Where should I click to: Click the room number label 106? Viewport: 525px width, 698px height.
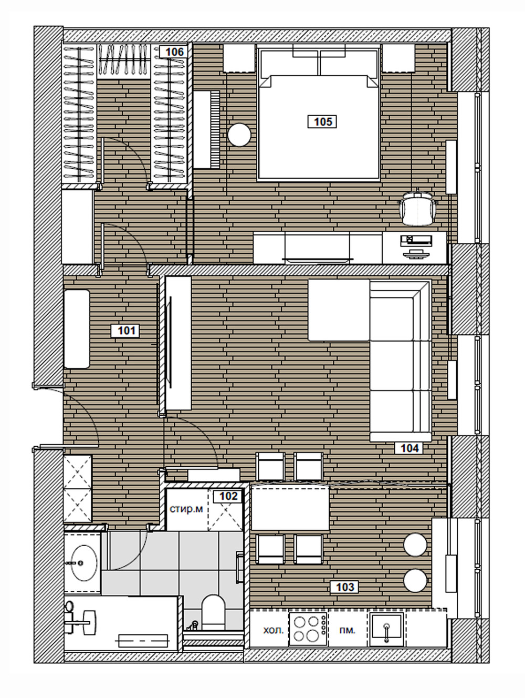tap(175, 52)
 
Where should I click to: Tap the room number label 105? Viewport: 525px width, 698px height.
tap(322, 122)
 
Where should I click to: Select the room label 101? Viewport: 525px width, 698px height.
tap(126, 331)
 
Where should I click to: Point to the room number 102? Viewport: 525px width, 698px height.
tap(228, 496)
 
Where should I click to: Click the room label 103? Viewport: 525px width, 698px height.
tap(344, 587)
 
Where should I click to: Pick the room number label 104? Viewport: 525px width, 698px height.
tap(409, 448)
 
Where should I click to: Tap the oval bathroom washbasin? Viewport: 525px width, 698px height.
tap(84, 563)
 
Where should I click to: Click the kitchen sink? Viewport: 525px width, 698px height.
tap(387, 630)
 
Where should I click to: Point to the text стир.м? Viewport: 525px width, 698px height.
tap(186, 509)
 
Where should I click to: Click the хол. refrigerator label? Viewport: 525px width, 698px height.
tap(273, 630)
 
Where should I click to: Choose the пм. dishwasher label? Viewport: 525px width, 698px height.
tap(347, 630)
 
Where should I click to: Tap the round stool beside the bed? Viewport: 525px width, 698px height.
tap(239, 135)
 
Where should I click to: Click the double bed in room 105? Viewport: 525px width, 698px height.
tap(319, 113)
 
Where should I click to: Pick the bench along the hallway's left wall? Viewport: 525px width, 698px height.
tap(77, 329)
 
